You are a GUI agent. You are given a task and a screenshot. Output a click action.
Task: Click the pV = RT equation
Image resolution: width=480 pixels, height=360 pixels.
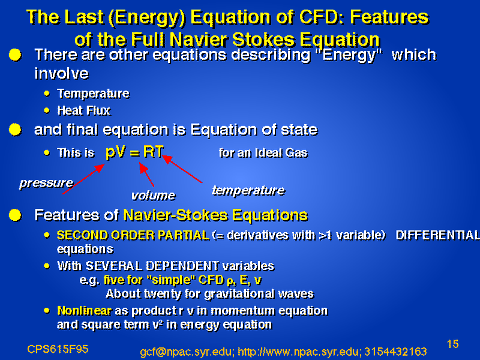134,152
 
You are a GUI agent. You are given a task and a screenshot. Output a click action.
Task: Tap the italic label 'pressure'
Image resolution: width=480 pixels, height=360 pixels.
46,183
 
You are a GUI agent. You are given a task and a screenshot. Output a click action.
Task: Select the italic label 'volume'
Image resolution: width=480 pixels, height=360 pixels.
154,196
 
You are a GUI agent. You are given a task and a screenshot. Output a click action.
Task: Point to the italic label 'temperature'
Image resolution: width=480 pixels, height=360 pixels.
248,190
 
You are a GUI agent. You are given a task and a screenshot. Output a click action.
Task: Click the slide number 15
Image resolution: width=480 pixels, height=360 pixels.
453,344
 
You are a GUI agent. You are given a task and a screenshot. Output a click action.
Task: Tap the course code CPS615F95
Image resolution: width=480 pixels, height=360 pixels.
58,349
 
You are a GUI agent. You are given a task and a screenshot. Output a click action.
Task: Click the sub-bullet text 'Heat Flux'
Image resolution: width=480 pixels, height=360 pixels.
84,110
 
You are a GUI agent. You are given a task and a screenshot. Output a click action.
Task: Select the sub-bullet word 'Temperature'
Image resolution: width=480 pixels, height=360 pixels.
94,94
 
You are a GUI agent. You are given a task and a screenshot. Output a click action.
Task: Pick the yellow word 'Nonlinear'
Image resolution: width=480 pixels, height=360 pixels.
85,311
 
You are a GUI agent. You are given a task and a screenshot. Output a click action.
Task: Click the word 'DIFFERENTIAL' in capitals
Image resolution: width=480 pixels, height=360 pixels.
438,235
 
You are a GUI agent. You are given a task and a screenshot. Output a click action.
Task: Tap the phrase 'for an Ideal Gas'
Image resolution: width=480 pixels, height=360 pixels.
263,152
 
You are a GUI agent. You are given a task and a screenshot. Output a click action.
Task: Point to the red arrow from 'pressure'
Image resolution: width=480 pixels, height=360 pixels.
83,179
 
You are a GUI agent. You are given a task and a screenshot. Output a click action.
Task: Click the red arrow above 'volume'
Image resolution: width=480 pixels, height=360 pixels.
146,174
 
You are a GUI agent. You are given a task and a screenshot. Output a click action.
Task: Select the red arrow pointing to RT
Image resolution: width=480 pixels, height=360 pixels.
182,169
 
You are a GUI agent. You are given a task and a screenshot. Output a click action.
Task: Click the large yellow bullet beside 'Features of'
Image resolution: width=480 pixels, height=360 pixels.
15,215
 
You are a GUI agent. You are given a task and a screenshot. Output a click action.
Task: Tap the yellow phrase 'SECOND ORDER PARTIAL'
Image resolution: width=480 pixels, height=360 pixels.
133,235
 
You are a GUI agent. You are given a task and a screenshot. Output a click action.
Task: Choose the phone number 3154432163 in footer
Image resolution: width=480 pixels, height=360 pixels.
395,352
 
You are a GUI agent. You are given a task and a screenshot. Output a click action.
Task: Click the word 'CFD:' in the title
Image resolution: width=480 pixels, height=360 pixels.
322,17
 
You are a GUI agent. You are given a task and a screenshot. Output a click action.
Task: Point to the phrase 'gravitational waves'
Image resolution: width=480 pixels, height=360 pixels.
259,294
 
